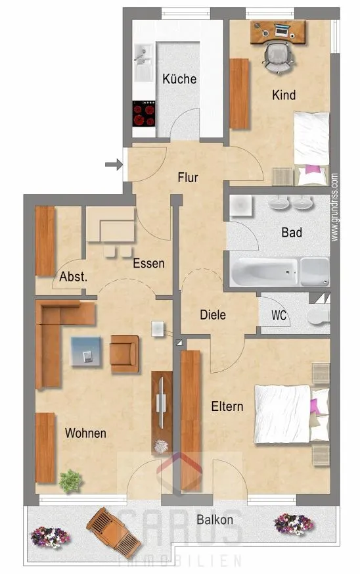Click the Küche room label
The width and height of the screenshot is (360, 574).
click(179, 79)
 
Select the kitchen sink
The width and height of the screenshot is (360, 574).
click(144, 62)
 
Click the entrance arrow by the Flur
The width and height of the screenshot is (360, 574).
click(114, 164)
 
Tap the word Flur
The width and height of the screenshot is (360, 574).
click(188, 178)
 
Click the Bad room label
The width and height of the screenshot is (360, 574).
click(292, 233)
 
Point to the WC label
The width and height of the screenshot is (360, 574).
click(279, 315)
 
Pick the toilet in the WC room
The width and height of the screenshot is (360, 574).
click(319, 316)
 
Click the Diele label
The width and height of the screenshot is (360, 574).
click(213, 315)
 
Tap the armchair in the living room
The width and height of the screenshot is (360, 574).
click(124, 354)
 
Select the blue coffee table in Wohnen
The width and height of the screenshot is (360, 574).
click(85, 351)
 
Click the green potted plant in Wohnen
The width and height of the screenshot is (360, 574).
click(71, 481)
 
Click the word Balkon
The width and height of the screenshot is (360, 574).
click(215, 519)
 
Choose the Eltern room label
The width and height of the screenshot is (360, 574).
click(227, 406)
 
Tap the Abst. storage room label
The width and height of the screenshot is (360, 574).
click(74, 277)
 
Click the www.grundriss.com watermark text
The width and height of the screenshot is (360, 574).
click(334, 207)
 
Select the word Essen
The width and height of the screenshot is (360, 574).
click(148, 263)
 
